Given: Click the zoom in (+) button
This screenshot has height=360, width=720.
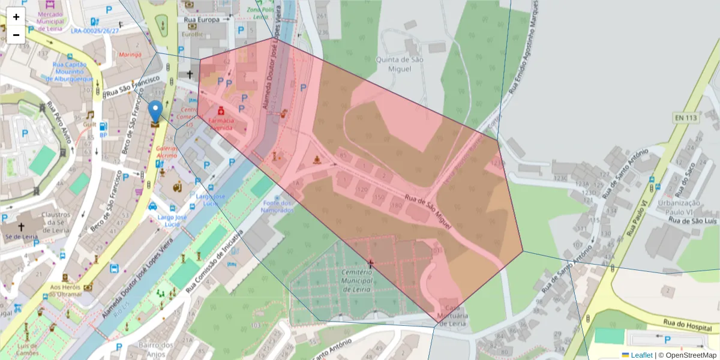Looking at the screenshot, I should (x=16, y=17).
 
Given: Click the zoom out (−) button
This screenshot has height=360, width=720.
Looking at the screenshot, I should (x=16, y=35).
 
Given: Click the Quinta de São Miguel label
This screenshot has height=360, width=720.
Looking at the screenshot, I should (x=394, y=64).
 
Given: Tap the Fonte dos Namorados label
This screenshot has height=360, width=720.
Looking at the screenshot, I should (x=277, y=207).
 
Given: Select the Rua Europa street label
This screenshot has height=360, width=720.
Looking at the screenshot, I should (x=202, y=19).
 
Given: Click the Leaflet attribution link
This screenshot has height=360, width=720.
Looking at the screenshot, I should (x=641, y=355).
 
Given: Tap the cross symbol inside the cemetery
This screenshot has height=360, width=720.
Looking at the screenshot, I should (x=370, y=263).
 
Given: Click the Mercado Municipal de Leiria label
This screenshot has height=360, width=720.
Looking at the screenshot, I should (x=50, y=17).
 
